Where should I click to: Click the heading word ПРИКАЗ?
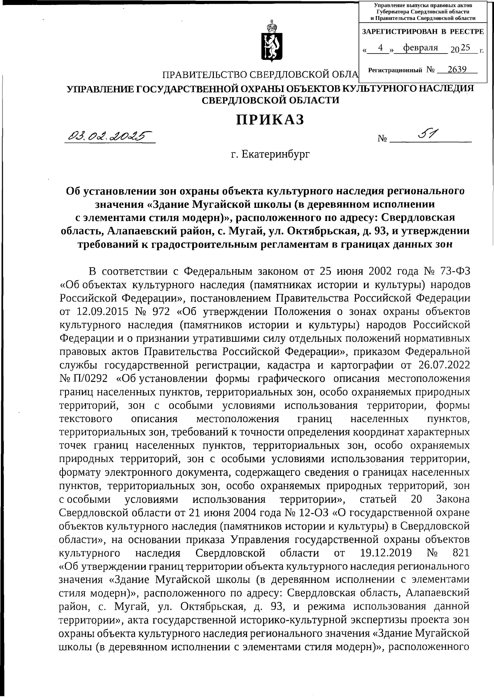click(x=270, y=120)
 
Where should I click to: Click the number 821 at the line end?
click(x=461, y=553)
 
